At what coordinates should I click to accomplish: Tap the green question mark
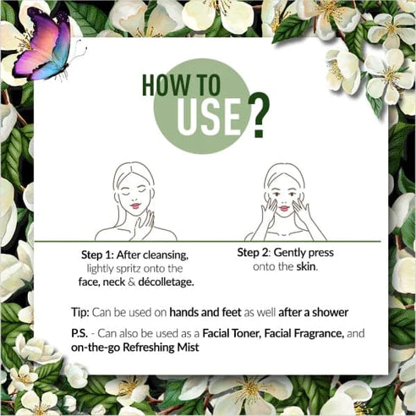coord(259,115)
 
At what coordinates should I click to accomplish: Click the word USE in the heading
coord(209,117)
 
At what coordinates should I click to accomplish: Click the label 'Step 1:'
coord(97,255)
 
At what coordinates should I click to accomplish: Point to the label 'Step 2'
coord(254,253)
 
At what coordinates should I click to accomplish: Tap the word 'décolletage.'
coord(166,282)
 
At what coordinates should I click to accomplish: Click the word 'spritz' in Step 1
coord(129,269)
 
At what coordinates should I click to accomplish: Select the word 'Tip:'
coord(80,313)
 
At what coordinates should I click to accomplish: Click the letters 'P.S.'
coord(79,334)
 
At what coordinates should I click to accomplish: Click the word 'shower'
coord(330,313)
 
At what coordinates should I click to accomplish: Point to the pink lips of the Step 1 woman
coord(135,205)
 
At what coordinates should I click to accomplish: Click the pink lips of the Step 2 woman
coord(284,209)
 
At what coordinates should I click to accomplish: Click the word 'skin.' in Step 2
coord(307,266)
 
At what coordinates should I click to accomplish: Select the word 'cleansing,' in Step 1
coord(166,255)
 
